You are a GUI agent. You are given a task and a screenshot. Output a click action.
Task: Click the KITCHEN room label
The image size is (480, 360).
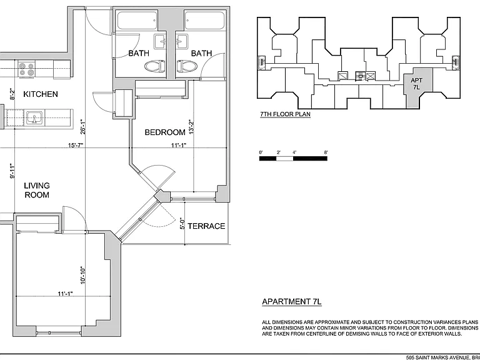click(x=41, y=94)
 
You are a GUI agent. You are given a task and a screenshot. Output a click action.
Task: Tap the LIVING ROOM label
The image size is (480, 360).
click(x=37, y=190)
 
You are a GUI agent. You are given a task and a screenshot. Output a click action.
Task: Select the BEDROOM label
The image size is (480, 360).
click(x=165, y=132)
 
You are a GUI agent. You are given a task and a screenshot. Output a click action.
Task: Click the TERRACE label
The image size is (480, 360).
click(x=206, y=226)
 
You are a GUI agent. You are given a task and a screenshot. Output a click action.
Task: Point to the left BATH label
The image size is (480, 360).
click(x=139, y=53)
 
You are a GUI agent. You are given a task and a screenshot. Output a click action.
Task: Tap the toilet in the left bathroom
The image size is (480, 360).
click(x=155, y=66)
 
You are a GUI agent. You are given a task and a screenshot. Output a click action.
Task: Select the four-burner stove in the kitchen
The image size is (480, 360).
click(x=27, y=69)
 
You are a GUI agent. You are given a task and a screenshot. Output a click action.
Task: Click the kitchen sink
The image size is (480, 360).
click(x=34, y=117)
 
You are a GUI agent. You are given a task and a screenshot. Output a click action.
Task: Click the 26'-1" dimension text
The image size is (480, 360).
click(x=82, y=127)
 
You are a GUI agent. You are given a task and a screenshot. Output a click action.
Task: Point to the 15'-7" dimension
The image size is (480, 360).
click(x=76, y=145)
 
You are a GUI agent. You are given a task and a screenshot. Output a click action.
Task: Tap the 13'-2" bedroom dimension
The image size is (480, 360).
click(x=192, y=127)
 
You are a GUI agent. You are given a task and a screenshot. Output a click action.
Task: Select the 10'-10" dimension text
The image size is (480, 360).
click(x=82, y=275)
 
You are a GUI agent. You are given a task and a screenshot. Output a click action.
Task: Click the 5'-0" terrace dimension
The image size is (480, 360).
click(x=182, y=224)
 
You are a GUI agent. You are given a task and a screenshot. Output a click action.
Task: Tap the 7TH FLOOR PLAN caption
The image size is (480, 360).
click(x=285, y=114)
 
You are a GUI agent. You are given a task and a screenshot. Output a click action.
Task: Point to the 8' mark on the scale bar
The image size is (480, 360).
click(x=326, y=152)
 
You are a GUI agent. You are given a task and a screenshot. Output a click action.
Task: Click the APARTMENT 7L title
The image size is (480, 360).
click(x=292, y=301)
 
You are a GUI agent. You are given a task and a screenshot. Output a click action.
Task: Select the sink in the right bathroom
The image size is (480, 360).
click(x=181, y=41)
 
